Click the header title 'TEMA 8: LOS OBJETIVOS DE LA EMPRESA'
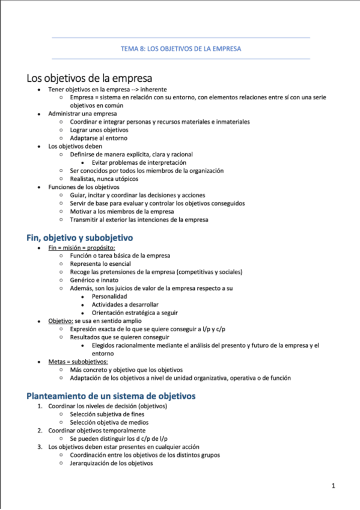tap(181, 49)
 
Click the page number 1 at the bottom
tap(333, 485)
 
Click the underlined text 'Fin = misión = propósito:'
tap(81, 248)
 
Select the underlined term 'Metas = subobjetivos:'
tap(78, 362)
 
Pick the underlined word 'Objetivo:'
tap(61, 321)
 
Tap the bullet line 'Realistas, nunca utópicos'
tap(104, 179)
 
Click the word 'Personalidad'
tap(109, 296)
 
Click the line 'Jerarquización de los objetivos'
tap(111, 463)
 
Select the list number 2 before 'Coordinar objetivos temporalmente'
tap(40, 431)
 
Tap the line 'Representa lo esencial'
tap(100, 264)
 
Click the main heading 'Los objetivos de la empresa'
tap(89, 78)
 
